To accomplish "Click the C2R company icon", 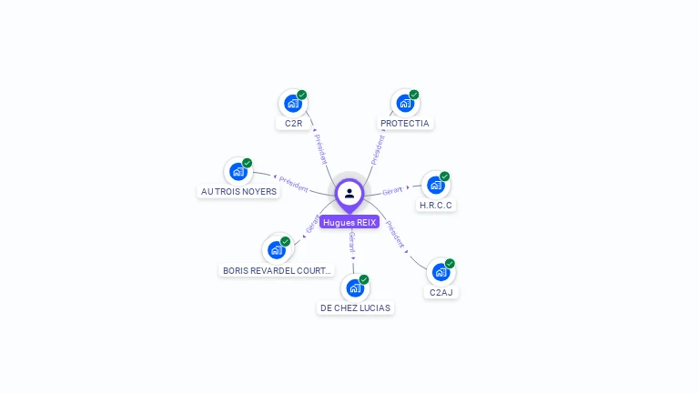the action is pos(292,104).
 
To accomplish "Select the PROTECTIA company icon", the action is pos(404,104).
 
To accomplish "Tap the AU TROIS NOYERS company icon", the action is pos(238,171).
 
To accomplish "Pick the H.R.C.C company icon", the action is pos(435,185).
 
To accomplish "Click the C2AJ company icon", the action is pos(441,272).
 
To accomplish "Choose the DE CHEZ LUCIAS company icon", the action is pos(354,287).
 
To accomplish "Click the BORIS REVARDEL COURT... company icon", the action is pos(276,250).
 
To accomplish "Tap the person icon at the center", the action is pos(349,193).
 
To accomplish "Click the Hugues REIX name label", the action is pos(349,222).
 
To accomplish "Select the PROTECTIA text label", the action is pos(405,124).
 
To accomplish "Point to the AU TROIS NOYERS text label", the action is pos(238,192).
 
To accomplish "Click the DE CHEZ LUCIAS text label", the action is pos(355,308).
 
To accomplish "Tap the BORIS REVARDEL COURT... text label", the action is pos(277,270).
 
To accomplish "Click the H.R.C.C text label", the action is pos(436,206).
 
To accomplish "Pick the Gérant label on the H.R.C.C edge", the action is pos(393,190).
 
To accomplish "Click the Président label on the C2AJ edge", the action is pos(394,233).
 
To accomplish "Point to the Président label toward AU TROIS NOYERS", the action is pos(293,184).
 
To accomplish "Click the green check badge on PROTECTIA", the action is pos(414,95).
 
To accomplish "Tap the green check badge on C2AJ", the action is pos(450,264).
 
